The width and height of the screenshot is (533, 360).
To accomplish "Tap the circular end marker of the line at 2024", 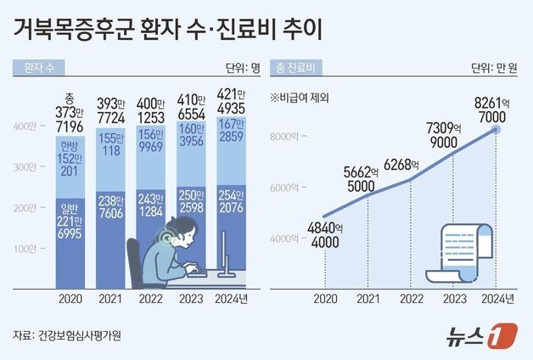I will click(x=497, y=129).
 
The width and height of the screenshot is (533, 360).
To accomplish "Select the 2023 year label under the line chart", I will click(x=454, y=299).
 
